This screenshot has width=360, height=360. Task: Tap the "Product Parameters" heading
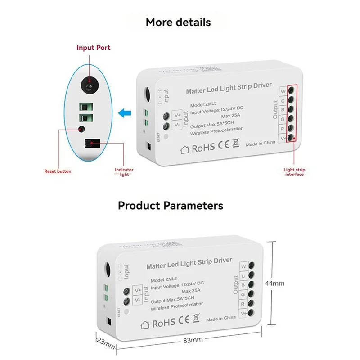[171, 206]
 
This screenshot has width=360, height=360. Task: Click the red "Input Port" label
[93, 48]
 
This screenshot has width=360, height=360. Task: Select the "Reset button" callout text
[58, 171]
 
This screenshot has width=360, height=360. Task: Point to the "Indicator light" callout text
[124, 172]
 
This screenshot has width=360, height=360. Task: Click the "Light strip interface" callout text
[294, 171]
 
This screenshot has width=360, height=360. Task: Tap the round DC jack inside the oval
[89, 84]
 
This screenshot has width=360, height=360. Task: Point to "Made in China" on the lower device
[221, 318]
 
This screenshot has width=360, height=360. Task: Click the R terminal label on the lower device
[243, 304]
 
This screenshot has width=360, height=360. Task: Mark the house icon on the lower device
[145, 323]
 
